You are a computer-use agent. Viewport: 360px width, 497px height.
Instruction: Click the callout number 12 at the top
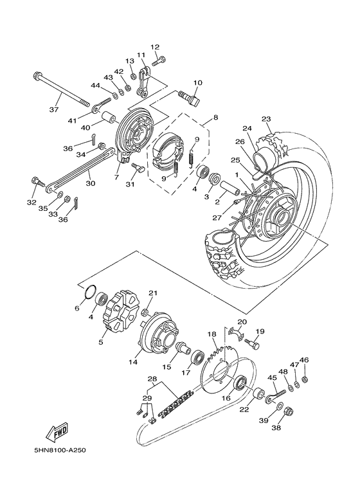click(155, 47)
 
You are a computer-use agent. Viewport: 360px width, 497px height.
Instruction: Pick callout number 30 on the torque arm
click(89, 183)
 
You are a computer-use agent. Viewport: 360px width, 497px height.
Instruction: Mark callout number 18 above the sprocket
click(211, 334)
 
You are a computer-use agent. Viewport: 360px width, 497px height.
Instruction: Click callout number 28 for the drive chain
click(152, 379)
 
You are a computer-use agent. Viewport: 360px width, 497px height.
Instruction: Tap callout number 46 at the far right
click(304, 360)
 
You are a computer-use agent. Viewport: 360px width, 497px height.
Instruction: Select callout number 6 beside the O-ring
click(77, 309)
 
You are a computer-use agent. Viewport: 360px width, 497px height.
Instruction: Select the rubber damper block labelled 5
click(120, 315)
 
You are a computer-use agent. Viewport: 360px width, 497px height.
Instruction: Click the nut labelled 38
click(289, 410)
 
